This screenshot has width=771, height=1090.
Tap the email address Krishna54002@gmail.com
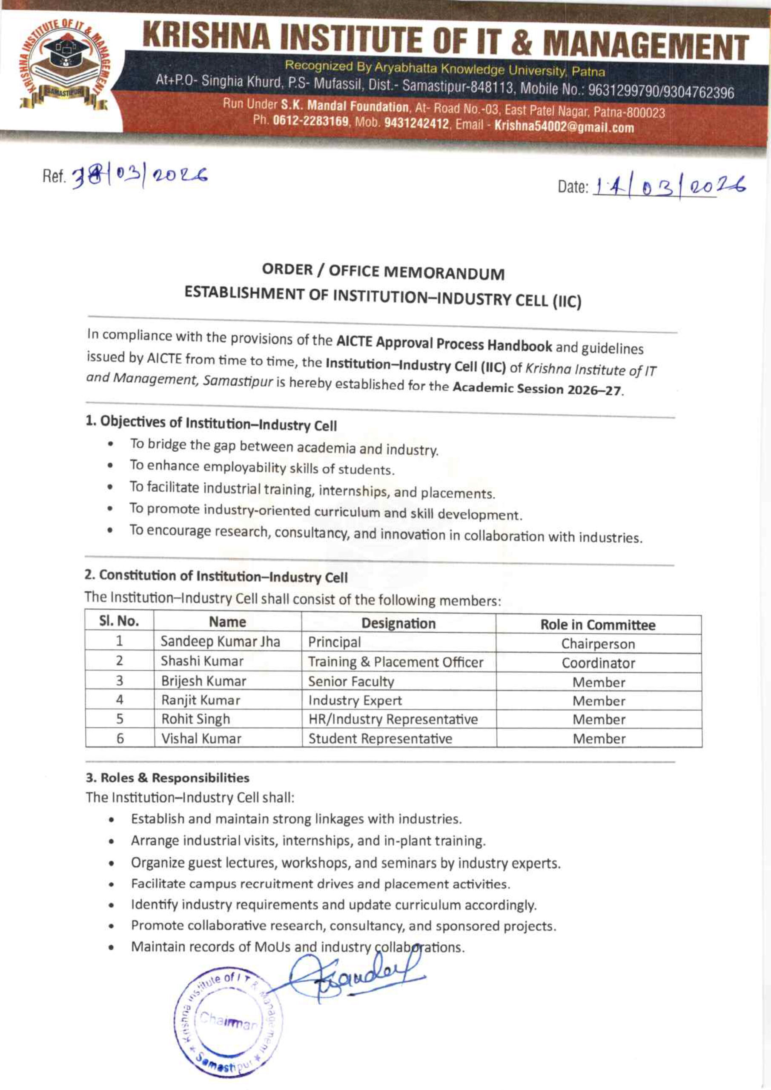tap(564, 127)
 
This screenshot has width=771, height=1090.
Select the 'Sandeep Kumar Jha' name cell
tap(220, 641)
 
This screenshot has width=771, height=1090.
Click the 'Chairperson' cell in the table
tap(598, 644)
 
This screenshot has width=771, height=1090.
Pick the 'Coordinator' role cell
tap(598, 663)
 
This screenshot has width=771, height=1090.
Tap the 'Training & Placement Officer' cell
tap(396, 662)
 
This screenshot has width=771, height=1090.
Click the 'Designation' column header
tap(398, 623)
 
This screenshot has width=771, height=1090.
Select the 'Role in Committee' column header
tap(598, 625)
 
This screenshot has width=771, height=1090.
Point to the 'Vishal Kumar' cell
tap(201, 738)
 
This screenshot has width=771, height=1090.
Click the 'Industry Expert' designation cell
tap(355, 700)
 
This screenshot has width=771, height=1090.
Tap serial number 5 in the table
tap(120, 719)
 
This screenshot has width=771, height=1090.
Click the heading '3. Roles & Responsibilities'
tap(167, 777)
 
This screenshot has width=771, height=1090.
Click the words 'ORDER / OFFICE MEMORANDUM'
tap(383, 272)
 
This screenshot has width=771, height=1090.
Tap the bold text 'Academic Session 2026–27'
tap(537, 389)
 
